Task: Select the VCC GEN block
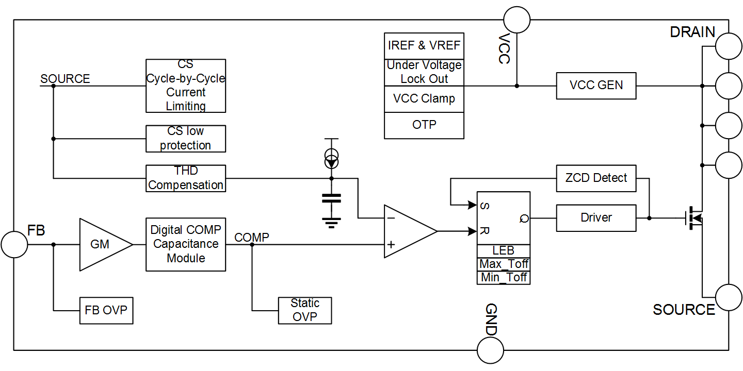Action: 596,86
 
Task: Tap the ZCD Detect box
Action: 596,178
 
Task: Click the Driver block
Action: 596,217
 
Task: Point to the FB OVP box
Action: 106,311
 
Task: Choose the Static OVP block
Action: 304,310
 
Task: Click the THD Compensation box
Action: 186,178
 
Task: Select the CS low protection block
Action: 186,139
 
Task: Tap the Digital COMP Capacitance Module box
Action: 186,244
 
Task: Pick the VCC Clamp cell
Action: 424,99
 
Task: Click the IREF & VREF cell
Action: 424,46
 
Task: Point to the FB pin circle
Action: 14,244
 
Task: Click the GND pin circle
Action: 490,351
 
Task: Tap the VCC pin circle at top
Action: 516,20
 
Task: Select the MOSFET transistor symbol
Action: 694,218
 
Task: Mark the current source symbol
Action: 331,159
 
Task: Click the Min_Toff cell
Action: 503,278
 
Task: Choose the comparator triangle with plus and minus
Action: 408,231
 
